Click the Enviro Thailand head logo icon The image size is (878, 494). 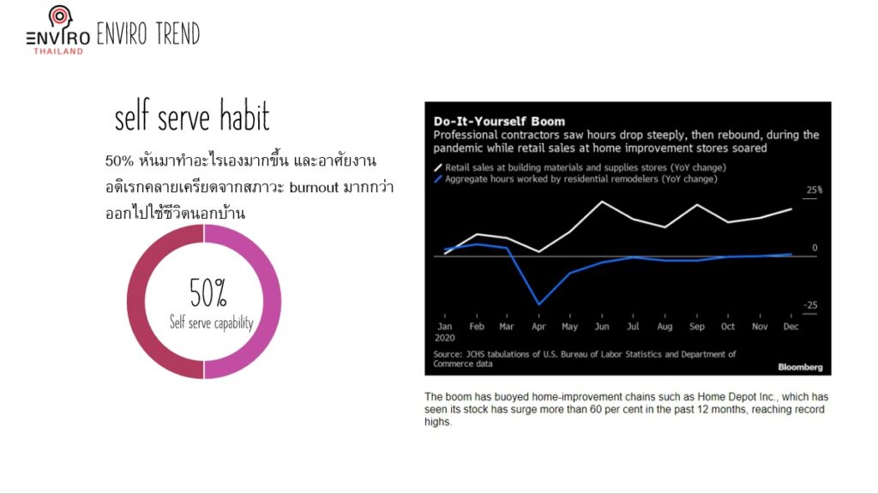click(x=60, y=17)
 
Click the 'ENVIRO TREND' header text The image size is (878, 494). click(x=148, y=33)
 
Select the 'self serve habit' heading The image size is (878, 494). click(x=192, y=116)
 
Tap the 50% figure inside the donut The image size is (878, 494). click(x=207, y=292)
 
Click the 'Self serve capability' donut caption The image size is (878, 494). click(x=212, y=322)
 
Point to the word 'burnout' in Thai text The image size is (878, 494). click(x=314, y=186)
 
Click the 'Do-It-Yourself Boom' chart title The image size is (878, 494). click(x=500, y=121)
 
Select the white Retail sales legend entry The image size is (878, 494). click(x=580, y=167)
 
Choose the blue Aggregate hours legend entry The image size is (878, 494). click(x=575, y=179)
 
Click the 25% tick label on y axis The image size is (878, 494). click(x=815, y=190)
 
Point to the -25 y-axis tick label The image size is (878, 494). click(x=810, y=305)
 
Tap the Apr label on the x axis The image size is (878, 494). click(x=538, y=327)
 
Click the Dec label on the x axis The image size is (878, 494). click(x=791, y=327)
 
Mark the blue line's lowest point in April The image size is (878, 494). click(x=539, y=304)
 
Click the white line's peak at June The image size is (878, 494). click(x=602, y=201)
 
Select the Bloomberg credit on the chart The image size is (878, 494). click(x=800, y=367)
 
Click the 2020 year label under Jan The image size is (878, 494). click(x=445, y=338)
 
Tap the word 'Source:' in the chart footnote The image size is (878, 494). click(x=448, y=354)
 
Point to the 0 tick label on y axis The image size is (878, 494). click(x=815, y=248)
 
